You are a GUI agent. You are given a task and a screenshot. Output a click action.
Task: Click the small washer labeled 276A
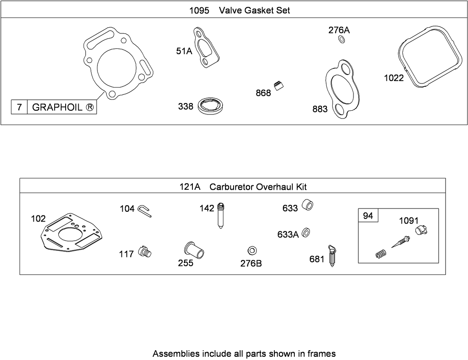click(x=342, y=39)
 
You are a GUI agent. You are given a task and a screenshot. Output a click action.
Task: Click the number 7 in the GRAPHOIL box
click(x=20, y=107)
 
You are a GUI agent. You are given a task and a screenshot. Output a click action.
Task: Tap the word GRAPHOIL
click(x=57, y=107)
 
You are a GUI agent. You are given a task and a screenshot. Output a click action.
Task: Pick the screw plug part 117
click(x=145, y=251)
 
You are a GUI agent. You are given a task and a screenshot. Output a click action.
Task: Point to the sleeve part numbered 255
click(x=194, y=250)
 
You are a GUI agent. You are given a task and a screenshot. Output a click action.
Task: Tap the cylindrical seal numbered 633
click(x=307, y=204)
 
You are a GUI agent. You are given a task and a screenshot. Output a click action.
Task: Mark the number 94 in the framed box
click(x=368, y=216)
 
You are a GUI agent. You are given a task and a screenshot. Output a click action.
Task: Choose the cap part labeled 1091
click(x=421, y=230)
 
